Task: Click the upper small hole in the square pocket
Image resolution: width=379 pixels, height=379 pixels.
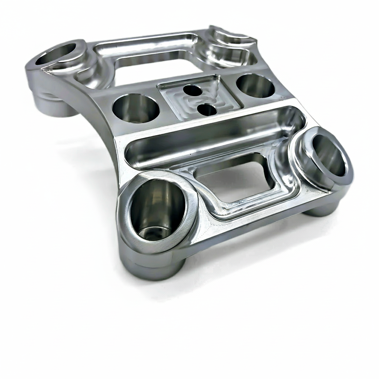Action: point(192,90)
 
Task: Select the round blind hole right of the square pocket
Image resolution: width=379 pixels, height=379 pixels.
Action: point(255,85)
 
